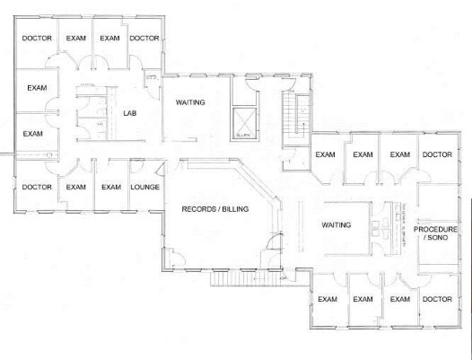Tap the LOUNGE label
coord(144,187)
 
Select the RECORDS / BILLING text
coord(215,208)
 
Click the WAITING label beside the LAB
coord(190,101)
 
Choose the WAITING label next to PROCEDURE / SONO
coord(336,224)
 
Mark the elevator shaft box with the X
coord(241,120)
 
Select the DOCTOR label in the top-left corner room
coord(37,38)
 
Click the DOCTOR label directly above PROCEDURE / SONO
coord(437,154)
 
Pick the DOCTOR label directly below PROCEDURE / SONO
coord(437,299)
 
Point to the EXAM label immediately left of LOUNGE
coord(110,187)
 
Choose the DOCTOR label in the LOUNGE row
coord(37,187)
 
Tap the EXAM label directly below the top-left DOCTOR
coord(37,88)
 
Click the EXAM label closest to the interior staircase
coord(326,154)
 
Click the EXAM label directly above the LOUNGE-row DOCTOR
coord(33,134)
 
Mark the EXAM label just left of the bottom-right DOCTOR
coord(399,299)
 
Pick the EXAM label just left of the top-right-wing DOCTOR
coord(399,154)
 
